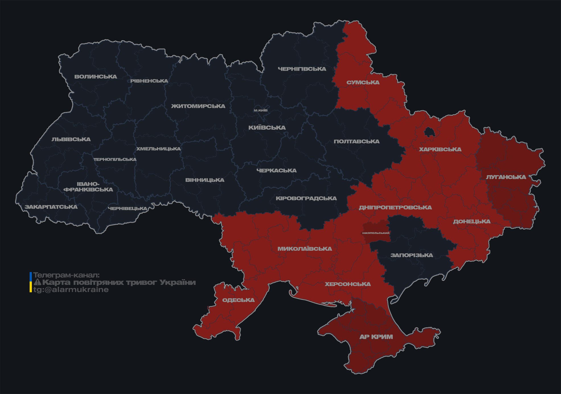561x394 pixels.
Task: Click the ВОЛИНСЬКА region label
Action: [95, 77]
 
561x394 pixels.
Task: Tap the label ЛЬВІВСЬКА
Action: [71, 139]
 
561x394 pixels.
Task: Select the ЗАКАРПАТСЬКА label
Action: [51, 207]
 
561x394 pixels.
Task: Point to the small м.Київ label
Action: [260, 110]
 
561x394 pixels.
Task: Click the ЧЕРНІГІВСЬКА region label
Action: [302, 69]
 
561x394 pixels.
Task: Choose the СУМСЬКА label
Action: [363, 83]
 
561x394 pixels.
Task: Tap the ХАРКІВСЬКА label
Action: [440, 149]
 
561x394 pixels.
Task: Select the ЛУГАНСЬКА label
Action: [506, 177]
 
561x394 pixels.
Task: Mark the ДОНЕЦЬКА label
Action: [472, 221]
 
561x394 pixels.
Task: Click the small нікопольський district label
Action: [376, 233]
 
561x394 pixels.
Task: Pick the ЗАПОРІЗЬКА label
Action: [412, 255]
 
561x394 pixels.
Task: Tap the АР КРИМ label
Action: [376, 337]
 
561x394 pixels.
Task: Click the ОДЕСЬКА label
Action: [238, 300]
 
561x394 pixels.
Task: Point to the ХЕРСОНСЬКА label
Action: [348, 284]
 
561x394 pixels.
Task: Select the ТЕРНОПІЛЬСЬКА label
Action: [115, 160]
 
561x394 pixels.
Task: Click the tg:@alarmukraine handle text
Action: [71, 290]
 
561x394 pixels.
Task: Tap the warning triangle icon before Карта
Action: [37, 282]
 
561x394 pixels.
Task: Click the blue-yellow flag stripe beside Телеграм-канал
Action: [31, 282]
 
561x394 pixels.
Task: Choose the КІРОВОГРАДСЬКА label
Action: [306, 198]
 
